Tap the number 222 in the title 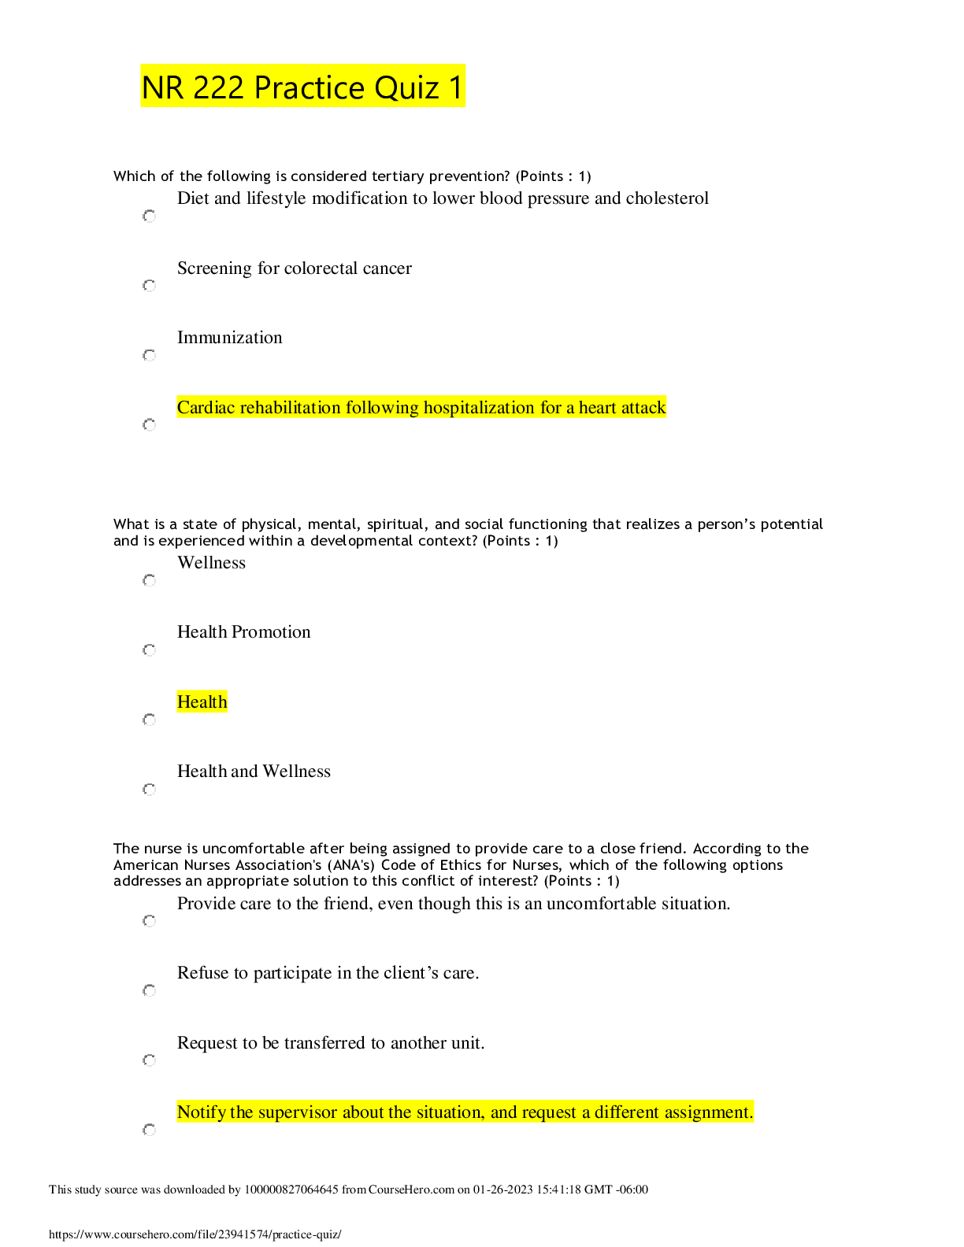219,87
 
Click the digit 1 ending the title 456,87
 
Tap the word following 382,408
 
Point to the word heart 602,408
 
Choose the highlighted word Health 202,702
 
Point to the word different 627,1112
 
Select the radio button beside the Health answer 150,720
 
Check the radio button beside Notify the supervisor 150,1130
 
